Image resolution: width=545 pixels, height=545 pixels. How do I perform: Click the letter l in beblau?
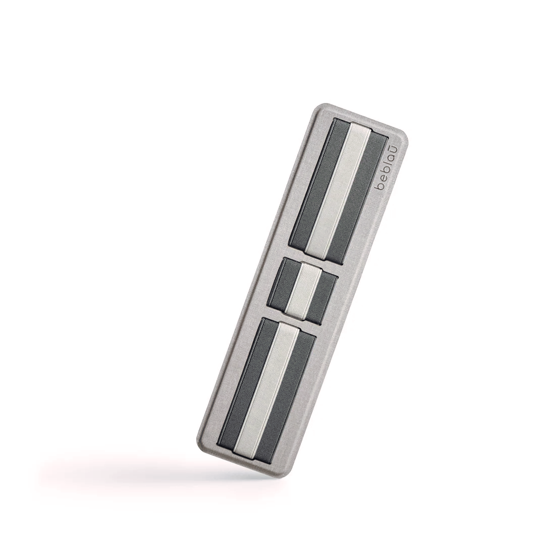point(387,167)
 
